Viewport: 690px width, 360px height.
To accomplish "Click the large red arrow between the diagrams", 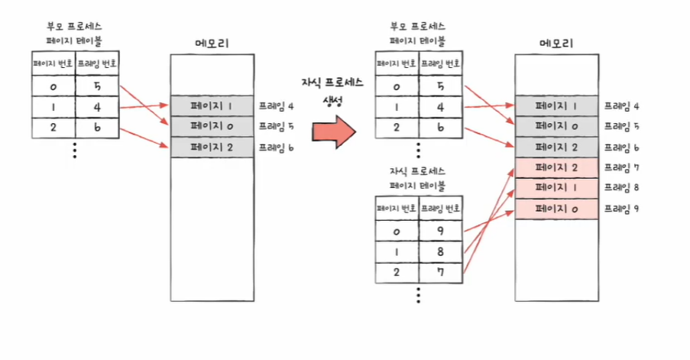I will (334, 131).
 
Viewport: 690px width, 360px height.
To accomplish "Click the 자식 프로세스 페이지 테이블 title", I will (417, 177).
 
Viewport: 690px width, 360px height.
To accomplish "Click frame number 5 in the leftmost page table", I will (98, 87).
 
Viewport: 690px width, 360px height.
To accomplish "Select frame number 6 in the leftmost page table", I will (98, 128).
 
